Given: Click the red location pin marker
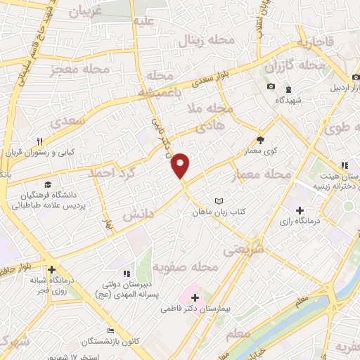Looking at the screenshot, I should click(x=181, y=165).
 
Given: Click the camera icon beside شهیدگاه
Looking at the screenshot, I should click(x=271, y=86).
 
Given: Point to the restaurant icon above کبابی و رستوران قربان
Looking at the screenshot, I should click(x=41, y=141).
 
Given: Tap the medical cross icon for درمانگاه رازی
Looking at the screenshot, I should click(x=300, y=210).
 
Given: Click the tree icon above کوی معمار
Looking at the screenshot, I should click(x=260, y=140).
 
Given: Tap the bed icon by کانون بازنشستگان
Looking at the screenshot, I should click(x=110, y=330).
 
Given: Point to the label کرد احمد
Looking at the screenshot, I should click(x=111, y=171).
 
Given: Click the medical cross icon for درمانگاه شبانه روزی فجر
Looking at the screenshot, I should click(x=51, y=269).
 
